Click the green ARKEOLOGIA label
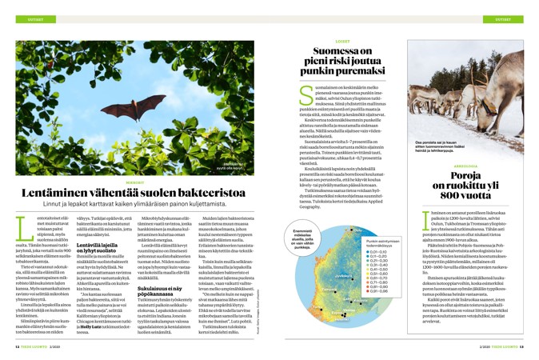click(465, 166)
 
